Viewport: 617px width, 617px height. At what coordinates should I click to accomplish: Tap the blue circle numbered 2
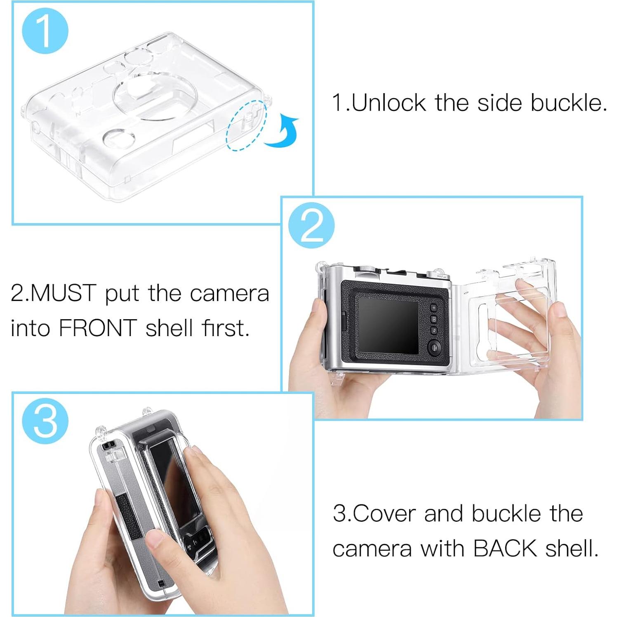pyautogui.click(x=311, y=226)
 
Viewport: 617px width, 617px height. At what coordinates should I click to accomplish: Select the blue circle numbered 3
pyautogui.click(x=45, y=421)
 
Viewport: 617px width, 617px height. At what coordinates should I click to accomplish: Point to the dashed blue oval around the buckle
pyautogui.click(x=246, y=125)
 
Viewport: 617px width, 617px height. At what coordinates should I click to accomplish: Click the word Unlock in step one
pyautogui.click(x=389, y=103)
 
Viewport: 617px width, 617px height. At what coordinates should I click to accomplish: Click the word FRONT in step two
pyautogui.click(x=98, y=328)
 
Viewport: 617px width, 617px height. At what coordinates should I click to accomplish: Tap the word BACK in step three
pyautogui.click(x=505, y=549)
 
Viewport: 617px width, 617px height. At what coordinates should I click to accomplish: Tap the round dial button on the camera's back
pyautogui.click(x=435, y=347)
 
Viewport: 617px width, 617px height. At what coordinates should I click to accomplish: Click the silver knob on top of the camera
pyautogui.click(x=363, y=268)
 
